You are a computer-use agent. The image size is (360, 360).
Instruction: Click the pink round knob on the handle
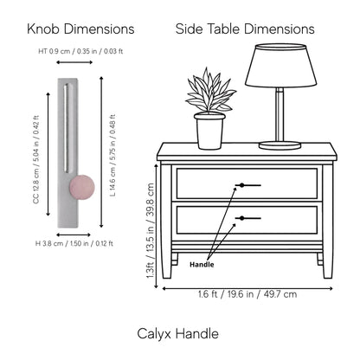pos(82,187)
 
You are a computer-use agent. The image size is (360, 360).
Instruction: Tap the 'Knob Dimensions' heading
pos(80,29)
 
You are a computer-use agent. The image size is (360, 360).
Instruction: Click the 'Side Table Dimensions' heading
pos(245,29)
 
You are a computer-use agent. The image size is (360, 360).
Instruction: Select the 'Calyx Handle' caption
pos(177,334)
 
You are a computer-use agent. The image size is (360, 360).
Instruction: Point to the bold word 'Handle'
pos(202,265)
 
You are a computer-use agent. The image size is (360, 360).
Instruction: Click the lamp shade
pos(281,65)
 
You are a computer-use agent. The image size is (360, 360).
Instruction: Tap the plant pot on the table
pos(209,131)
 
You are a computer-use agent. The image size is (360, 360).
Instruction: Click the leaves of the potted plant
pos(210,90)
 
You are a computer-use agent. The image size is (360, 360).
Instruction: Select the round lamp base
pos(280,145)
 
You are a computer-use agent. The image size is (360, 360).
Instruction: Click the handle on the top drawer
pos(248,185)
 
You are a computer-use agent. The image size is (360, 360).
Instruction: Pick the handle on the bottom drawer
pos(248,218)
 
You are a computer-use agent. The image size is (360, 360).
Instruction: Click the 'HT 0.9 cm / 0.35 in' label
pos(67,51)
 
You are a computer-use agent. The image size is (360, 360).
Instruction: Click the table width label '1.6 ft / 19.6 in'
pos(226,294)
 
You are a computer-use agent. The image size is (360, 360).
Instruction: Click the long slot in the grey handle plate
pos(67,128)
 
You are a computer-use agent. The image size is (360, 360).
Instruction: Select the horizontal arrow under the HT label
pos(74,62)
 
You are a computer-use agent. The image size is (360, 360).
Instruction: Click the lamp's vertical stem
pos(280,114)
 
